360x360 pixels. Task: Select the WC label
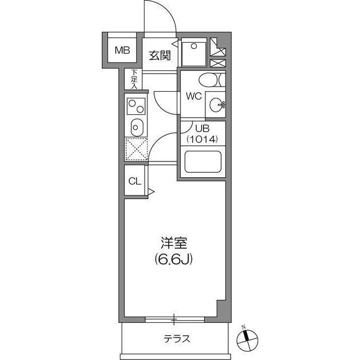point(194,96)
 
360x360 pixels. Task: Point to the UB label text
point(194,128)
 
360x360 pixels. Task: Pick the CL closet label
point(134,181)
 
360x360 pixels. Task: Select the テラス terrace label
point(177,339)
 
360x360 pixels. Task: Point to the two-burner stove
point(136,105)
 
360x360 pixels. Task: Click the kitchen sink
point(136,127)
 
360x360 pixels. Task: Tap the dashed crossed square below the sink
point(136,149)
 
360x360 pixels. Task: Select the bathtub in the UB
point(202,164)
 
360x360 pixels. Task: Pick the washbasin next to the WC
point(215,104)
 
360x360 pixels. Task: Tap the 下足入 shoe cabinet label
point(134,78)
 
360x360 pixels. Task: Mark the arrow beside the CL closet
point(151,192)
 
